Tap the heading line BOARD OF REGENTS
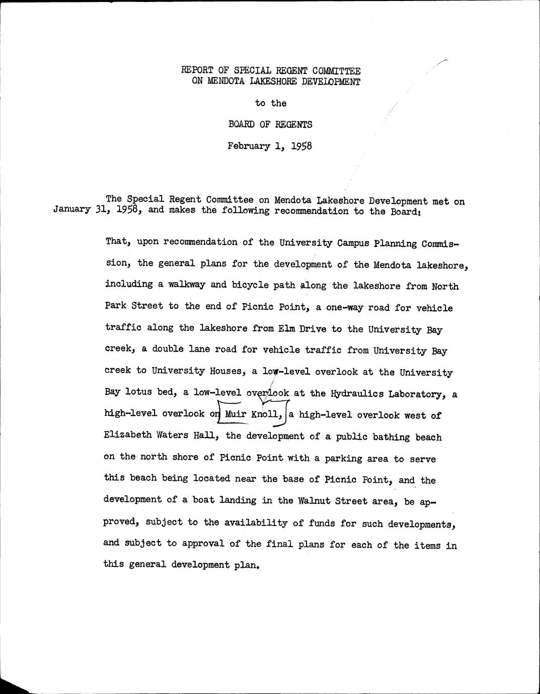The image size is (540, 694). tap(270, 124)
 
